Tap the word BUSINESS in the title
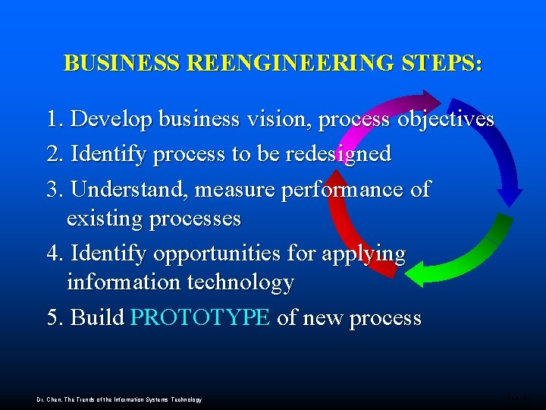[x=122, y=63]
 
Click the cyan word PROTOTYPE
[x=200, y=317]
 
